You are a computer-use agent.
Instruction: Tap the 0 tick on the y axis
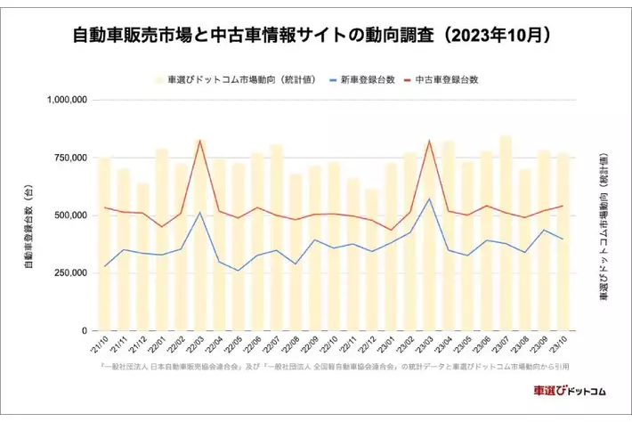[x=83, y=330]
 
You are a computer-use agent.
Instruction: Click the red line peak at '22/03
[x=199, y=141]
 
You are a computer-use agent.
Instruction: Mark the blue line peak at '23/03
[x=429, y=199]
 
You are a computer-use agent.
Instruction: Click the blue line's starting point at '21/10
[x=104, y=266]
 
